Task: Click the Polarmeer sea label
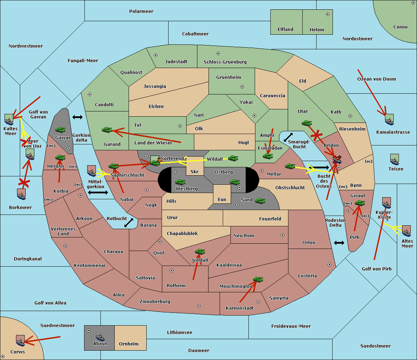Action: pyautogui.click(x=141, y=11)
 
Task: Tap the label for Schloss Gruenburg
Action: pyautogui.click(x=225, y=62)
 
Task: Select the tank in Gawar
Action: pyautogui.click(x=60, y=129)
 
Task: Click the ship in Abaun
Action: pyautogui.click(x=100, y=337)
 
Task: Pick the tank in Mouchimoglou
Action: pyautogui.click(x=258, y=279)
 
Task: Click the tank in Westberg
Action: pyautogui.click(x=180, y=182)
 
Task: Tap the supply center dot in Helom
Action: pyautogui.click(x=328, y=14)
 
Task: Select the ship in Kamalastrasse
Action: pyautogui.click(x=389, y=119)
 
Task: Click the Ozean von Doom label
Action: pyautogui.click(x=377, y=79)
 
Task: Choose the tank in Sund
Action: pyautogui.click(x=260, y=201)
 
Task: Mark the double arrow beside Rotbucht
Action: pyautogui.click(x=129, y=223)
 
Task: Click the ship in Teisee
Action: pyautogui.click(x=395, y=159)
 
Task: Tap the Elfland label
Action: pyautogui.click(x=285, y=30)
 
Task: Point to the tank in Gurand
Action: pyautogui.click(x=107, y=129)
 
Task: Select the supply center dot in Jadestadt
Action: pyautogui.click(x=156, y=55)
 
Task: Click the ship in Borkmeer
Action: pyautogui.click(x=22, y=194)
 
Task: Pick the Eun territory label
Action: pyautogui.click(x=222, y=200)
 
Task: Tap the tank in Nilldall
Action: pyautogui.click(x=200, y=251)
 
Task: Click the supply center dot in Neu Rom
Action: pyautogui.click(x=283, y=235)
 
